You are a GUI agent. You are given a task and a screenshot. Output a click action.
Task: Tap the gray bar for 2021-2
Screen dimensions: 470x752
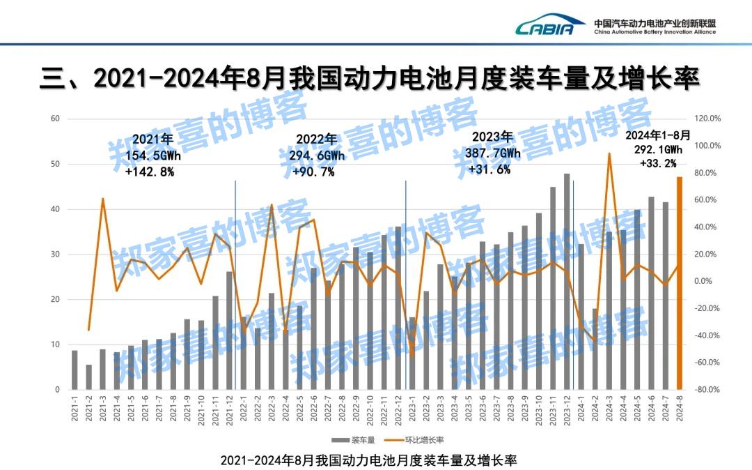88,377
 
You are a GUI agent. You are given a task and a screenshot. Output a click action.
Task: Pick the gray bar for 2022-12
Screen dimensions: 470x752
398,308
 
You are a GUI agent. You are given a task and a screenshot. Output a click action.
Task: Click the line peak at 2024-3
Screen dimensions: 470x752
609,154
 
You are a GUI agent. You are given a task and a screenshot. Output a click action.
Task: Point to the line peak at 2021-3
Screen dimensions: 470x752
103,199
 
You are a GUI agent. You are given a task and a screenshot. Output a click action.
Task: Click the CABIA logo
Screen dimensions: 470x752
545,27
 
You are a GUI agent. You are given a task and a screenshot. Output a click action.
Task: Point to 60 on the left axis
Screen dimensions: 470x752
55,119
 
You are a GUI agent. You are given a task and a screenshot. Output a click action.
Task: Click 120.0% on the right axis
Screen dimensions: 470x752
707,119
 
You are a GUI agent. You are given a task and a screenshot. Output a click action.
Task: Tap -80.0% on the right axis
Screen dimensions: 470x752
707,390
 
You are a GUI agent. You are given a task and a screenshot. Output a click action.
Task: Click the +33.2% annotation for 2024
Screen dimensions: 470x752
657,164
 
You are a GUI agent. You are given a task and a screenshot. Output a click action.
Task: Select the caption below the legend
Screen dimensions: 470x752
368,461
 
